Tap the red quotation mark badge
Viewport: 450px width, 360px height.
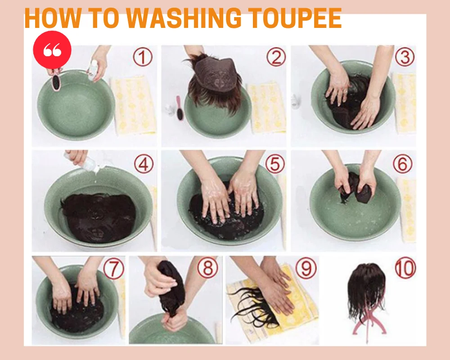[52, 50]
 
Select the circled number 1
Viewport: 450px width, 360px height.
[143, 57]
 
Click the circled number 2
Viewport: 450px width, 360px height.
[276, 57]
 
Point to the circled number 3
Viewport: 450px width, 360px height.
[405, 57]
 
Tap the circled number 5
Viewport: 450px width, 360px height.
[275, 164]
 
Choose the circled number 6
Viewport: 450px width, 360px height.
[402, 163]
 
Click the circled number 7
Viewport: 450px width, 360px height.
[114, 269]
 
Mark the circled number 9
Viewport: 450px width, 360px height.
[306, 268]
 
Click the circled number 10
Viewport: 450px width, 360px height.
[405, 268]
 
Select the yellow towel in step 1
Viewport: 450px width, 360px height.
[134, 105]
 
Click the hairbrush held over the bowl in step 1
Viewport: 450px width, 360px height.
[55, 81]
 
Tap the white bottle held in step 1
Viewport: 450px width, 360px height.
[93, 70]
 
